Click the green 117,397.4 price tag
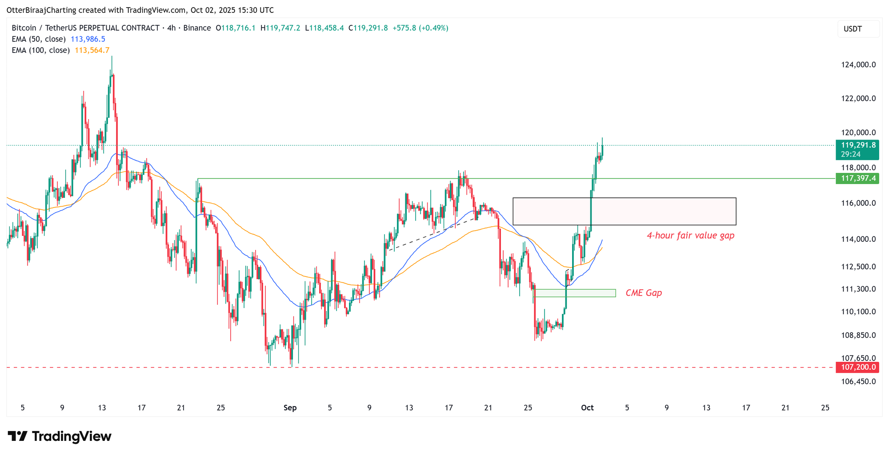pyautogui.click(x=857, y=179)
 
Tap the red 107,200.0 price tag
pyautogui.click(x=857, y=368)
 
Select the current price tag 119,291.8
pyautogui.click(x=857, y=145)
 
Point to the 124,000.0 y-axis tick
pyautogui.click(x=858, y=65)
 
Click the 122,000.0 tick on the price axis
pyautogui.click(x=858, y=99)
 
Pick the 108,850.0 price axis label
pyautogui.click(x=858, y=335)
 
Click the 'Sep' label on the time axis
pyautogui.click(x=290, y=408)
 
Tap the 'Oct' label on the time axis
pyautogui.click(x=587, y=408)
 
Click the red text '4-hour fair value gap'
pyautogui.click(x=690, y=236)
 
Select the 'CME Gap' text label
pyautogui.click(x=644, y=293)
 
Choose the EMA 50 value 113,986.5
pyautogui.click(x=88, y=39)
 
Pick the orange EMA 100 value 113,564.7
pyautogui.click(x=92, y=50)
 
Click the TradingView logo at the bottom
pyautogui.click(x=60, y=436)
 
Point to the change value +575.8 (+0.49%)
pyautogui.click(x=420, y=28)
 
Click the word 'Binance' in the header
pyautogui.click(x=197, y=28)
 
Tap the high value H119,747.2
pyautogui.click(x=280, y=28)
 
